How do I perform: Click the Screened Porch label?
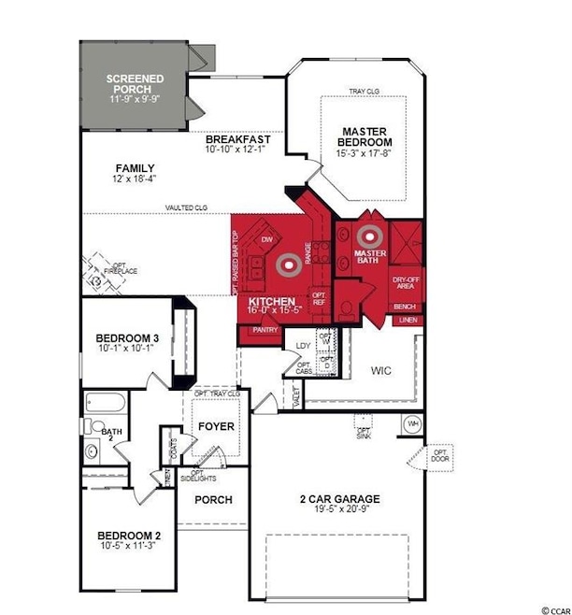(x=136, y=85)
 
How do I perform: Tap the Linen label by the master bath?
(x=408, y=321)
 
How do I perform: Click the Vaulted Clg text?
(x=186, y=207)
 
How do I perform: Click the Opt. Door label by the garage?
(x=440, y=457)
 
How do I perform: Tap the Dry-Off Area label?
(x=405, y=282)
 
